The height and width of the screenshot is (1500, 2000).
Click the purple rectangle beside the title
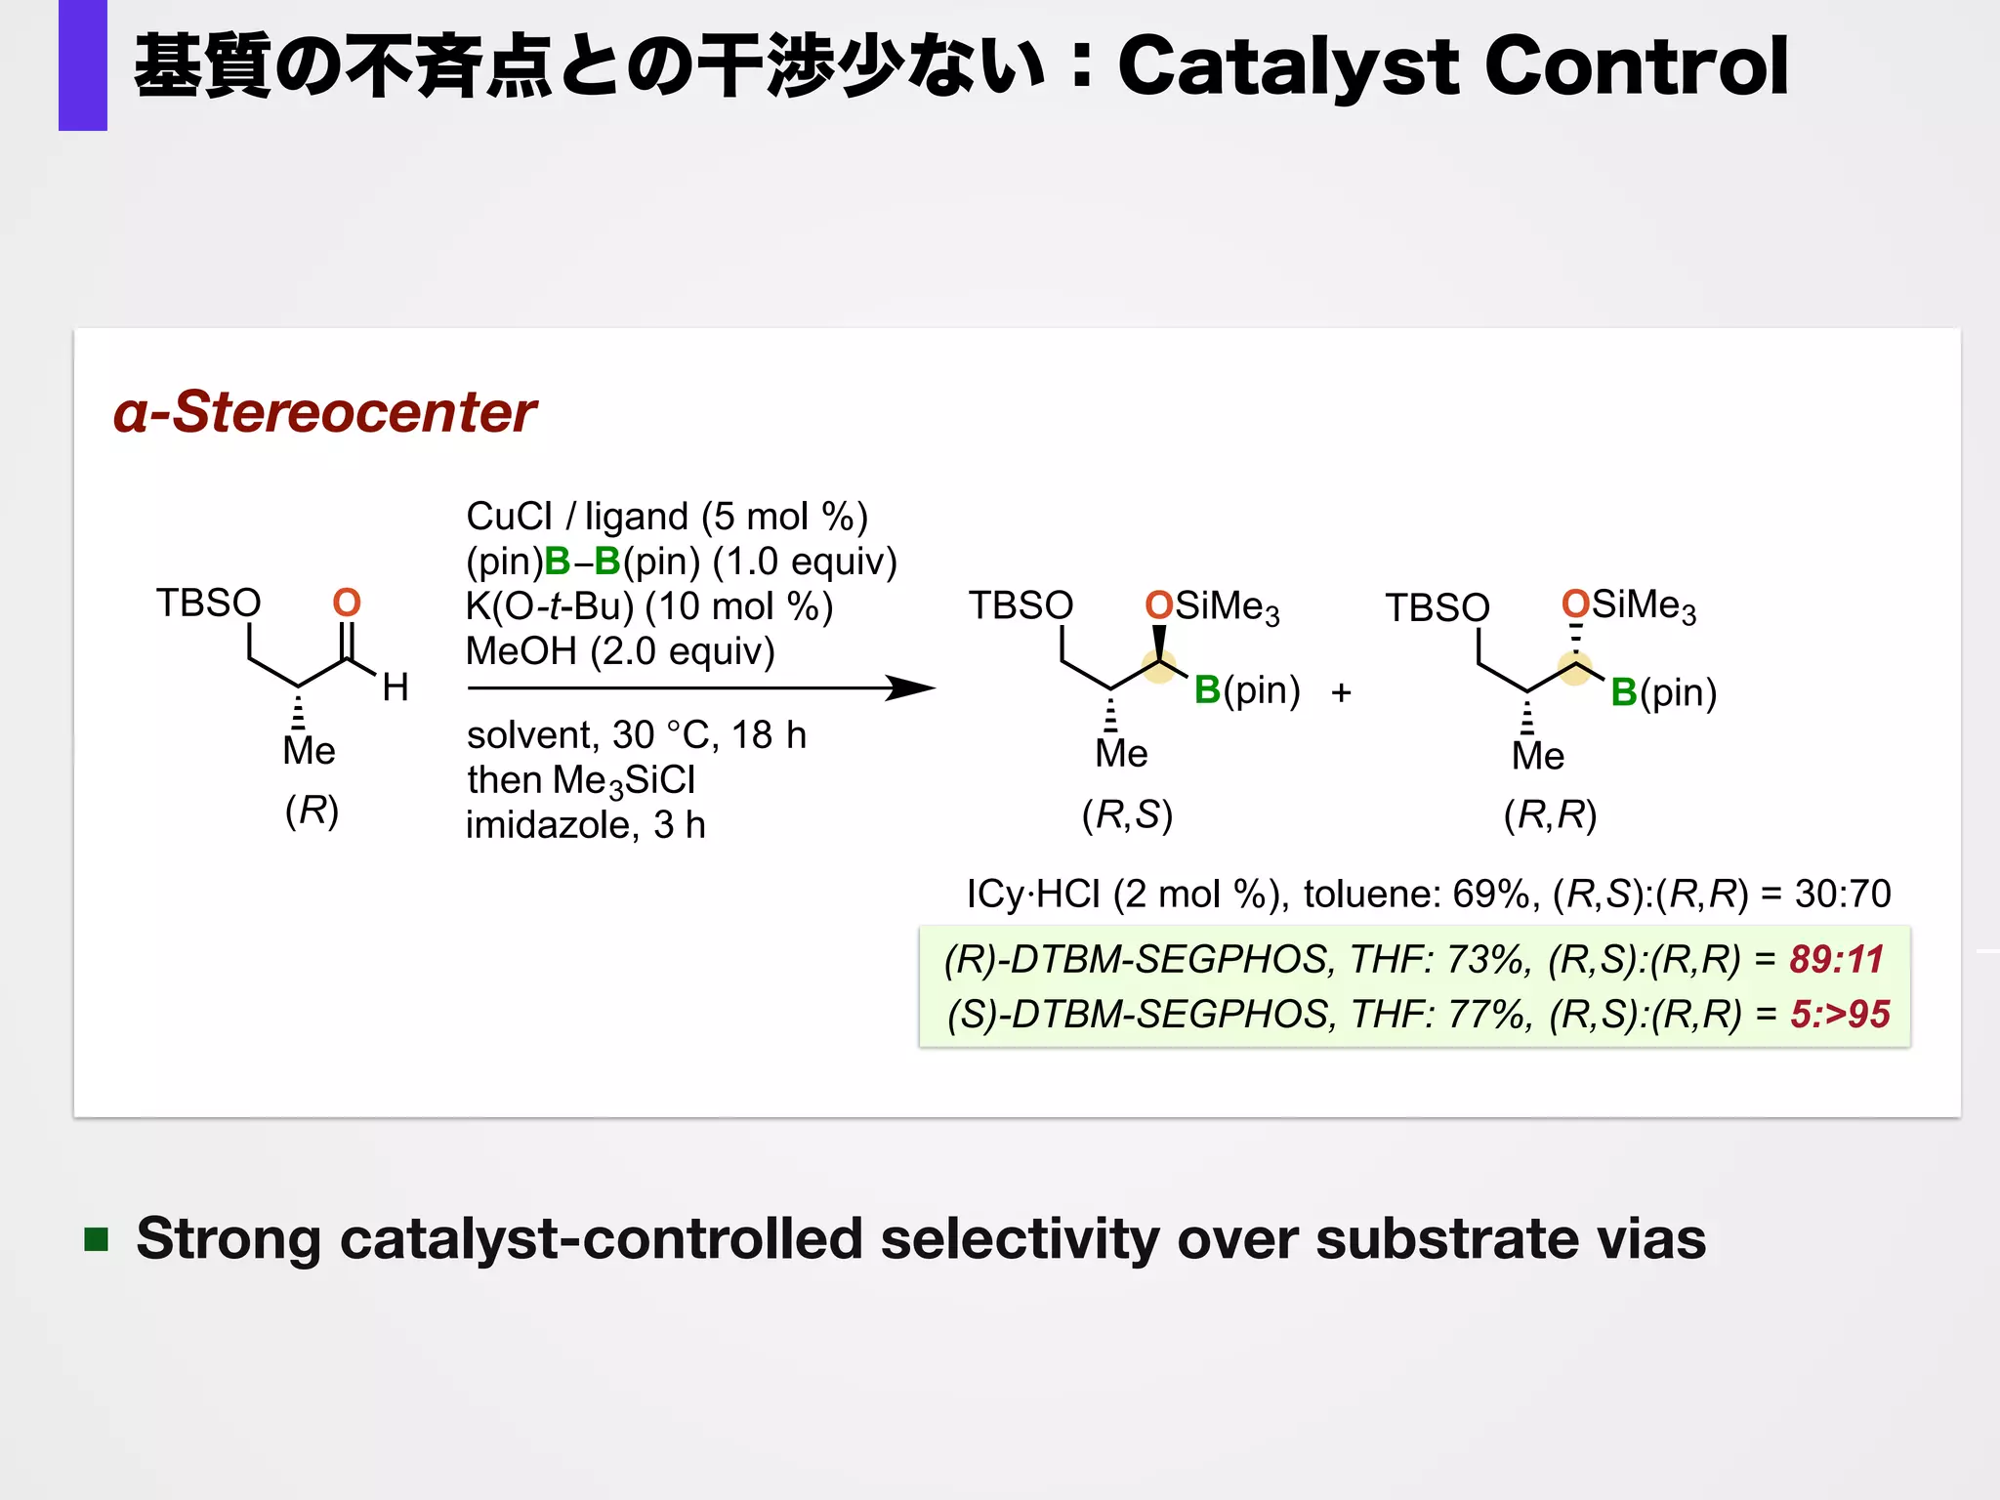coord(82,64)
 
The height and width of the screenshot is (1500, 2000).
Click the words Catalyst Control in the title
coord(1452,66)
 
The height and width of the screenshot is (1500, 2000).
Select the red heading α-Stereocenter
coord(324,411)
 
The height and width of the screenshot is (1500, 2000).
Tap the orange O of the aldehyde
coord(347,603)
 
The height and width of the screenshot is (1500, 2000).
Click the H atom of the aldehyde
coord(396,687)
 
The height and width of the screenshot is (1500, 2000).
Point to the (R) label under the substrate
coord(312,810)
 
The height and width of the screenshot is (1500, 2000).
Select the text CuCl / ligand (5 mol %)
coord(666,516)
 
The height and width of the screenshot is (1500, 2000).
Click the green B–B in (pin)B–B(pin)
coord(582,562)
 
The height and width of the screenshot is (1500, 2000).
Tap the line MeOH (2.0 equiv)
coord(620,651)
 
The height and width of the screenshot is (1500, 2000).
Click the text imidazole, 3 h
coord(585,825)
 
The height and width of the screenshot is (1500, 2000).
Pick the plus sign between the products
coord(1341,692)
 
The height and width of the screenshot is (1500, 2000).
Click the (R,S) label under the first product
coord(1127,813)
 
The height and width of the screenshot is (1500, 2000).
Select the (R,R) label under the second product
coord(1550,813)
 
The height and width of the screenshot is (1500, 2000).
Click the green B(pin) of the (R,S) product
coord(1246,690)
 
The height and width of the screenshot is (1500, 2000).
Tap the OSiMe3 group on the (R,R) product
coord(1628,605)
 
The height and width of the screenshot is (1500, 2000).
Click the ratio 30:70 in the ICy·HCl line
coord(1842,894)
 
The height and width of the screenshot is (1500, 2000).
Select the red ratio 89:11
coord(1836,959)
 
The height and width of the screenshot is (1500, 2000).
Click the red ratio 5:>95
coord(1839,1014)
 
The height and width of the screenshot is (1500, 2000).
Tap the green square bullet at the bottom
coord(96,1239)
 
